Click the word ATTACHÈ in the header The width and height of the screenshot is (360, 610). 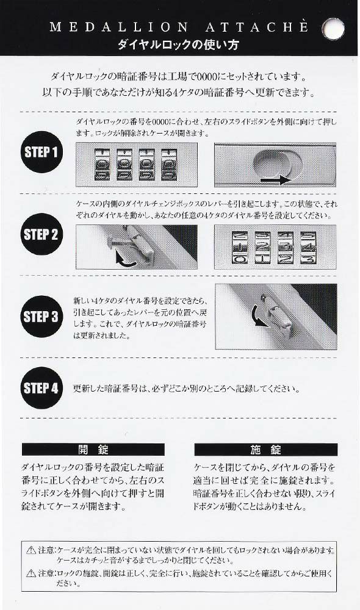click(x=250, y=28)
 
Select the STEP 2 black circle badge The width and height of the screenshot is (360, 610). click(x=40, y=234)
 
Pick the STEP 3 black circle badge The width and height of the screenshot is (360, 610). click(x=40, y=316)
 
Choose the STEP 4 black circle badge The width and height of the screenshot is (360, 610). click(x=40, y=387)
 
